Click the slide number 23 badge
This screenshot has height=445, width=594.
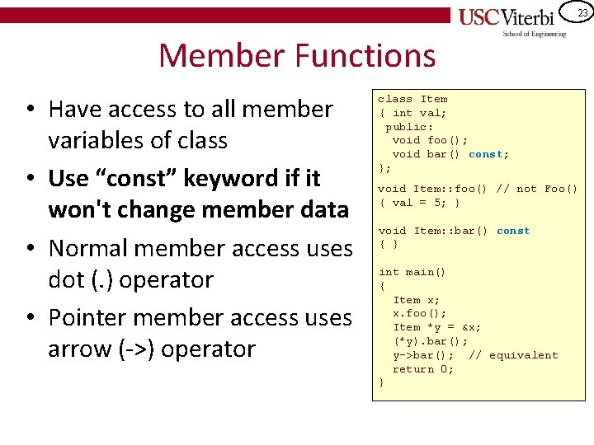point(582,12)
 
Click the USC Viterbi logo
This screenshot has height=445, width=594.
point(511,21)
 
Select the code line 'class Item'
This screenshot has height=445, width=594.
point(412,99)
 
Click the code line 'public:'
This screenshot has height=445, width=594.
point(409,127)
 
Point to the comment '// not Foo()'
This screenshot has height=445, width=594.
point(537,189)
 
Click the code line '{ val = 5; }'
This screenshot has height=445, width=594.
point(419,203)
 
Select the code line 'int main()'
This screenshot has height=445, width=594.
point(412,272)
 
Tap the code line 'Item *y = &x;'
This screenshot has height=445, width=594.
point(437,327)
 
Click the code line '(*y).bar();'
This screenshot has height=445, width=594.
point(430,341)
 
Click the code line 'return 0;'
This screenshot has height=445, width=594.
point(423,369)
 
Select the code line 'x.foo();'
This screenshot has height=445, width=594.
point(420,313)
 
